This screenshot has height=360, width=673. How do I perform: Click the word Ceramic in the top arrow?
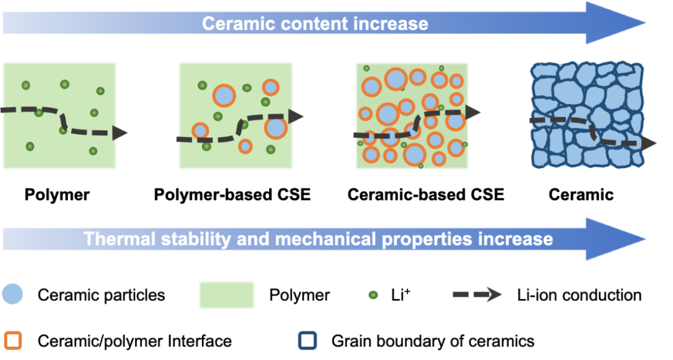coord(234,24)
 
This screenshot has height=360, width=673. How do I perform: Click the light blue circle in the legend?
coord(12,293)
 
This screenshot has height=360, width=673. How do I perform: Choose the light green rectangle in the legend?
coord(227,295)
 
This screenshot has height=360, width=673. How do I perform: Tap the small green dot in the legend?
coord(373,295)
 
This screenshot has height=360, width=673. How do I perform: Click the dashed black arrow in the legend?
coord(477,295)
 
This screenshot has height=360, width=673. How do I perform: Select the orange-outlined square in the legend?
coord(13,341)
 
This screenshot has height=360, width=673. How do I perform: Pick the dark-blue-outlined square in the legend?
coord(308,341)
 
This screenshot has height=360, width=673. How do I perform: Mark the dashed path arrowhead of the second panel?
coord(297,116)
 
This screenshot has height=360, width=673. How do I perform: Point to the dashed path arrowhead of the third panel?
coord(474,113)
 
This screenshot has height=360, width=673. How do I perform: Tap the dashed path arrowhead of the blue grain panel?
coord(649,143)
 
